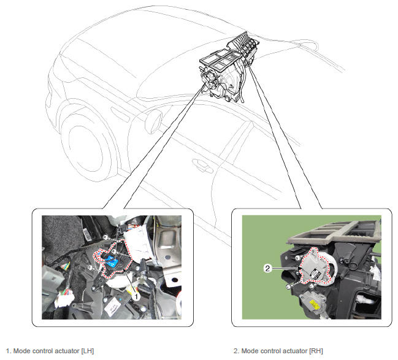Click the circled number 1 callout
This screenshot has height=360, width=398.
[x=136, y=296]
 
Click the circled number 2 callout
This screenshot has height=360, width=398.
[x=267, y=268]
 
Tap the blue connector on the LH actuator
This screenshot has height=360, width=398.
[x=112, y=261]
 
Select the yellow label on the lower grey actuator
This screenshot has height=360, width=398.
[x=314, y=304]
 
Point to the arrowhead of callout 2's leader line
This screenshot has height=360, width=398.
[x=300, y=268]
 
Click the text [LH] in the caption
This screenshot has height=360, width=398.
[x=87, y=351]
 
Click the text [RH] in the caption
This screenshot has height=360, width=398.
[x=316, y=351]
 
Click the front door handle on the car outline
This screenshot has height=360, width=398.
[x=202, y=164]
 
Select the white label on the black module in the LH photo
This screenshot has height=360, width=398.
[x=112, y=309]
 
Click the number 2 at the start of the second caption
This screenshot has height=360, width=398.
[x=236, y=351]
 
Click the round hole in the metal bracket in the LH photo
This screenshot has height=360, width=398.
[x=175, y=280]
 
